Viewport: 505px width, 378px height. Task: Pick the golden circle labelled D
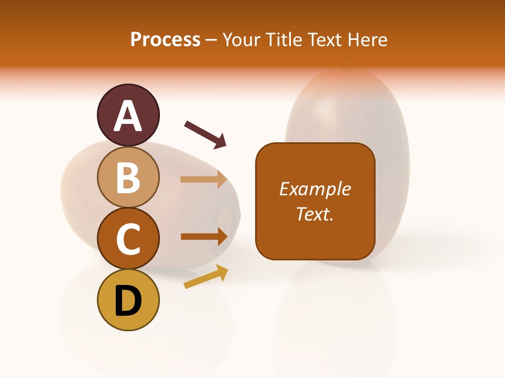point(128,300)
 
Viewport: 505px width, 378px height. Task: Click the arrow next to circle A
point(205,134)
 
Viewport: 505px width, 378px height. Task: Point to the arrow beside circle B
point(204,179)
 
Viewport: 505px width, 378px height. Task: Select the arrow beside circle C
point(204,236)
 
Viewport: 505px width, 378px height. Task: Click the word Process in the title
point(165,39)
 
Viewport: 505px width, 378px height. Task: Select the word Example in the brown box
point(315,189)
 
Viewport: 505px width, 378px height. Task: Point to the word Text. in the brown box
point(315,214)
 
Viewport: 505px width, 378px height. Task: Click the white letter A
point(128,116)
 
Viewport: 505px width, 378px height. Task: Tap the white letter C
point(128,239)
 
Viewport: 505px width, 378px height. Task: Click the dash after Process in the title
point(211,40)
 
